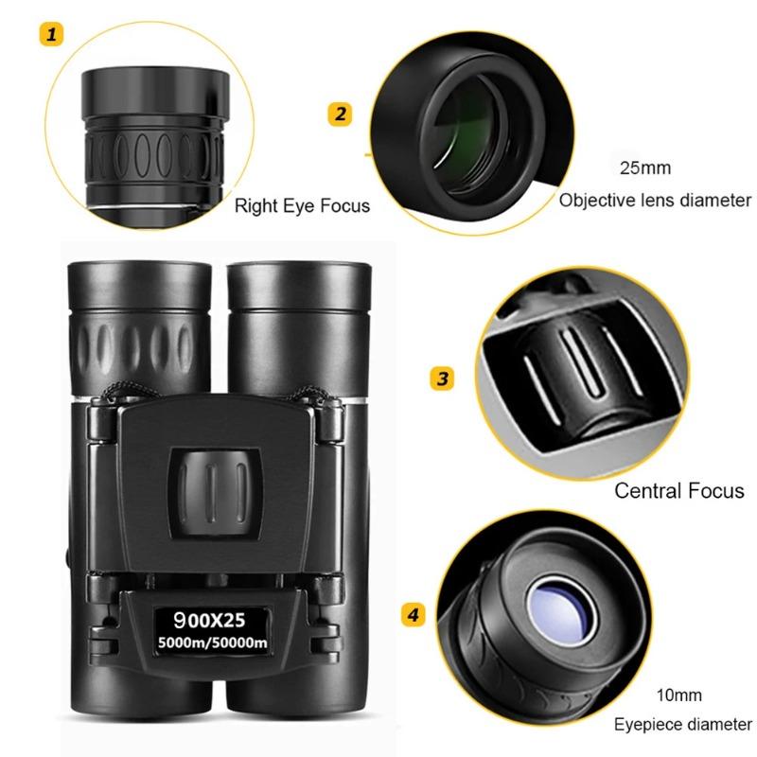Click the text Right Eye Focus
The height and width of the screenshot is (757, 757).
coord(302,205)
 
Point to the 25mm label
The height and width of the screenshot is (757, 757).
coord(644,169)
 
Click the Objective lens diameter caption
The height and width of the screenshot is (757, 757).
coord(655,201)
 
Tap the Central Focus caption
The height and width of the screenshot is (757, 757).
coord(679,491)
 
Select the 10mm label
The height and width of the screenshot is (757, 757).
coord(682,695)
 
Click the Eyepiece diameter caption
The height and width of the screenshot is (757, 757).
coord(682,726)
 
